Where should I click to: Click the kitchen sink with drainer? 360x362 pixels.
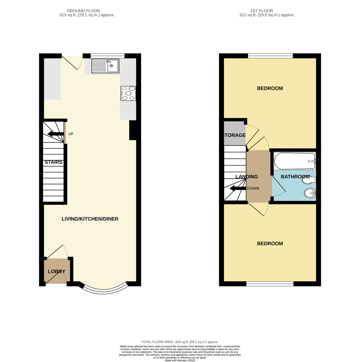tap(105, 66)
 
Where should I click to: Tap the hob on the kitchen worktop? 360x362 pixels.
tap(128, 93)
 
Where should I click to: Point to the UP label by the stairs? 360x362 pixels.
tap(71, 134)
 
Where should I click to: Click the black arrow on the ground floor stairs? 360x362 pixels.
tap(56, 134)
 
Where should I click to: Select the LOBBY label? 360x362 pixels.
tap(56, 271)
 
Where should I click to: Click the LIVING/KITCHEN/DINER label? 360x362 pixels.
tap(90, 219)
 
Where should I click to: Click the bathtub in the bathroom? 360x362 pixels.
tap(295, 161)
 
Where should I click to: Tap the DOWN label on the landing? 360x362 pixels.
tap(253, 189)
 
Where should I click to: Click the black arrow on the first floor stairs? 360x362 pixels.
tap(238, 189)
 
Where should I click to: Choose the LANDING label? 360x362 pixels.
tap(246, 177)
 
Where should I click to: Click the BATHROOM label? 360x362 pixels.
tap(295, 177)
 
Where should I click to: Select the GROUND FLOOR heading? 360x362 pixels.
tap(83, 11)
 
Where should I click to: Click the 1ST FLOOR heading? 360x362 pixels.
tap(262, 11)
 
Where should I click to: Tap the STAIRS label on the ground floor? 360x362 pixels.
tap(53, 162)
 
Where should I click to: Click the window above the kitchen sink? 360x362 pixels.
tap(108, 56)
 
